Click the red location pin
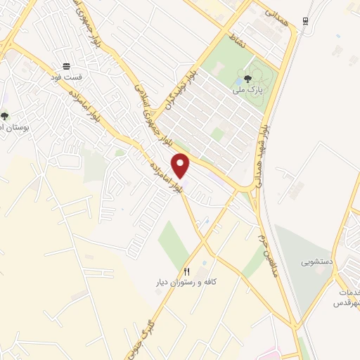click(181, 166)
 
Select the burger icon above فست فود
click(66, 65)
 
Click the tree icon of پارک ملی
click(247, 79)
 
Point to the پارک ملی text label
click(247, 90)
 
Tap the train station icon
click(305, 21)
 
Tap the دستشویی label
click(316, 262)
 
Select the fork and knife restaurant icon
click(186, 271)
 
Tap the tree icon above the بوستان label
click(5, 116)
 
